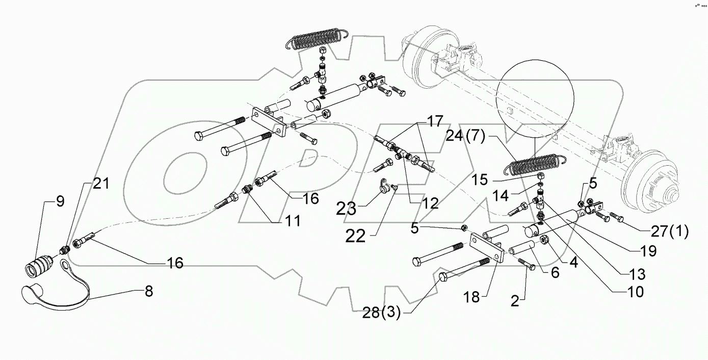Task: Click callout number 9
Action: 60,201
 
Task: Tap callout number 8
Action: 148,292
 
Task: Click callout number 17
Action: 435,122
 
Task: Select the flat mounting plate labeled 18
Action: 488,248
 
